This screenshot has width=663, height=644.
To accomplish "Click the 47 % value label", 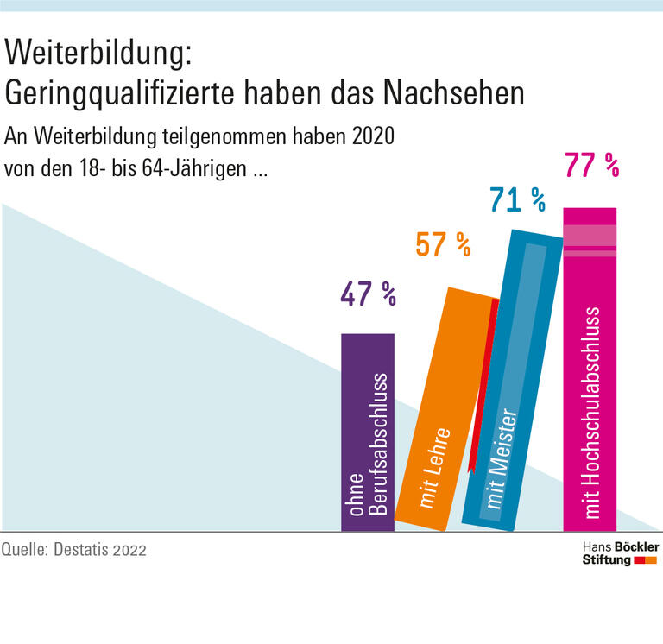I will click(368, 295).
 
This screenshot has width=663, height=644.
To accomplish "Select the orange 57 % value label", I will click(443, 245).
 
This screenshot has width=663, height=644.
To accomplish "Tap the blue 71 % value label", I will click(517, 200).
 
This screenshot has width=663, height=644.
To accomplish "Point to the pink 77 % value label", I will click(591, 164).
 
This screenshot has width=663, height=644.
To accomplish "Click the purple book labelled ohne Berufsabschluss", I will click(368, 432).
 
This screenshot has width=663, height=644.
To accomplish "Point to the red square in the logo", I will click(640, 560).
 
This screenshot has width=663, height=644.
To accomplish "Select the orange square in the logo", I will click(652, 560).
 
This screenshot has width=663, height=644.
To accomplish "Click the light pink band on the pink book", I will click(590, 236).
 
